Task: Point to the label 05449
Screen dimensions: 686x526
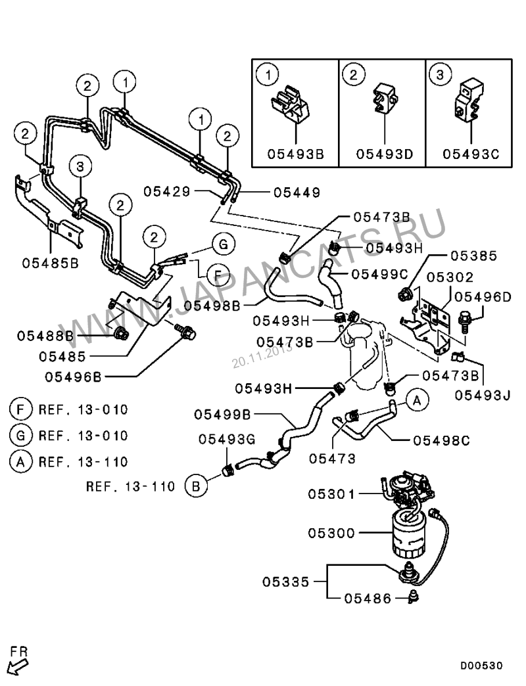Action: coord(297,193)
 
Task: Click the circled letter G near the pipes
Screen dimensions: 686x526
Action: coord(223,244)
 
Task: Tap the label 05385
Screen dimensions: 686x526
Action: coord(473,256)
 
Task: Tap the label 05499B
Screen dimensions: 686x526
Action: coord(218,415)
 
